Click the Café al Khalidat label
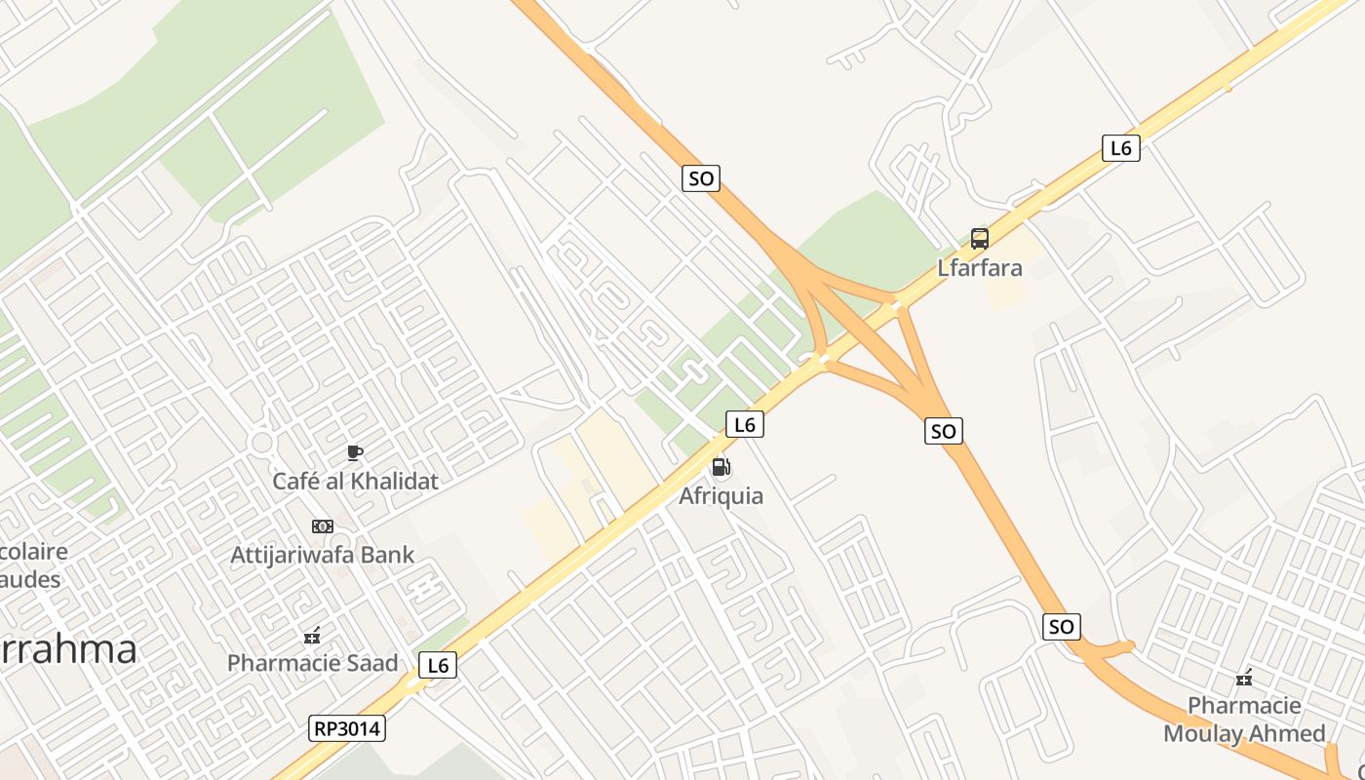pos(355,481)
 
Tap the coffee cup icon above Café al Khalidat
pos(355,452)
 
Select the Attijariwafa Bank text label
pos(322,555)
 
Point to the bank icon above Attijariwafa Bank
pos(322,526)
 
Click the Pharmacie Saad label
pos(312,663)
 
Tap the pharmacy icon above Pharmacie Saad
pos(312,637)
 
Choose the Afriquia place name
pos(721,495)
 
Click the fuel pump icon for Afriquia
pos(721,467)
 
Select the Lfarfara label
pos(979,267)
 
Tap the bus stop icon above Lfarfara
pos(979,239)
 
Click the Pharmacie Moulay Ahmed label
pos(1243,720)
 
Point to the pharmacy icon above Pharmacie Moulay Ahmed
pos(1243,677)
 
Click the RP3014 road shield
pos(347,728)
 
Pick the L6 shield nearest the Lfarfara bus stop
pos(1120,148)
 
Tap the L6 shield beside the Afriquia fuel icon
pos(744,424)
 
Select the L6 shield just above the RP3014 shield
pos(438,665)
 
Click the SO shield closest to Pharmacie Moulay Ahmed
pos(1061,626)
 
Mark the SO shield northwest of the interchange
pos(700,178)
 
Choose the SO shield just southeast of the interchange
pos(943,431)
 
